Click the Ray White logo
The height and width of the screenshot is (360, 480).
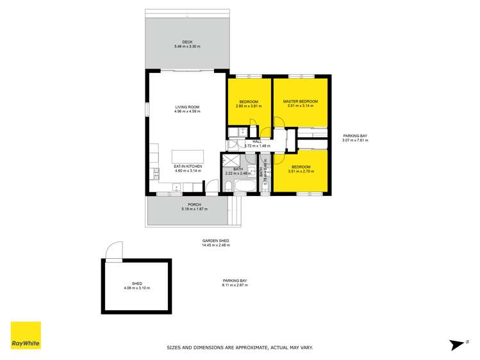coord(26,335)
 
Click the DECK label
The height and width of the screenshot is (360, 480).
coord(186,42)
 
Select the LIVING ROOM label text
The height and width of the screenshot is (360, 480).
coord(187,107)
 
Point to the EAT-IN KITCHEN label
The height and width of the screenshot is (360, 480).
coord(187,167)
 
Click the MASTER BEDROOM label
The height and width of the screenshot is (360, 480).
coord(301,101)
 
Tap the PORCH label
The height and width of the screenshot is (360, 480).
coord(186,205)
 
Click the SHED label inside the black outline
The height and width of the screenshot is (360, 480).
coord(136,283)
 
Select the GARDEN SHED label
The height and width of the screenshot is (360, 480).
coord(215,240)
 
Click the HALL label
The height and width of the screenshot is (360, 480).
coord(257,142)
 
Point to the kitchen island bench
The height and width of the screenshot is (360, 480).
coord(187,156)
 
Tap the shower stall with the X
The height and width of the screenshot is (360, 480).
coord(230,160)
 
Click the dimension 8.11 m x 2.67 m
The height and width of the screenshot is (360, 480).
coord(235,285)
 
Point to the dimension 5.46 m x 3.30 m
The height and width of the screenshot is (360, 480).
coord(186,47)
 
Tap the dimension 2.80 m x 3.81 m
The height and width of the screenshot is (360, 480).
coord(249,107)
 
